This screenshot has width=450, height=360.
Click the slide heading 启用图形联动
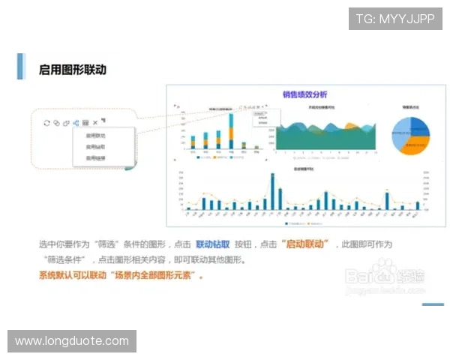73,70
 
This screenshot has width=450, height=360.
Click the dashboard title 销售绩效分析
304,94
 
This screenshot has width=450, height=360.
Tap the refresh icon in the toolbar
46,122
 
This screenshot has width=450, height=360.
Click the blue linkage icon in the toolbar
76,122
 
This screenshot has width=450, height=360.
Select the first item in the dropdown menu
95,136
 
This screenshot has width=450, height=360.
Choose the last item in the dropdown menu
95,158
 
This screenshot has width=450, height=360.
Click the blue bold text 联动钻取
212,244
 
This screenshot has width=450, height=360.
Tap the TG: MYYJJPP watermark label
395,19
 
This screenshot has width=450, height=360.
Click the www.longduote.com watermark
72,341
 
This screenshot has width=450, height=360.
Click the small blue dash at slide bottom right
433,304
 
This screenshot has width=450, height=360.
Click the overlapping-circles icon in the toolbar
56,122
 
